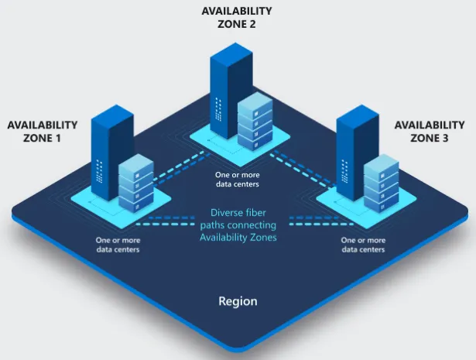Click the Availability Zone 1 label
coord(42,131)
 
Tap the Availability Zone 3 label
coord(430,131)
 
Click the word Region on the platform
coord(238,300)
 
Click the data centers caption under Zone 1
coord(118,245)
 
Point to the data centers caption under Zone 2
coord(237,180)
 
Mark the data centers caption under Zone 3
coord(363,245)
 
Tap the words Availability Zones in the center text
coord(238,237)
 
